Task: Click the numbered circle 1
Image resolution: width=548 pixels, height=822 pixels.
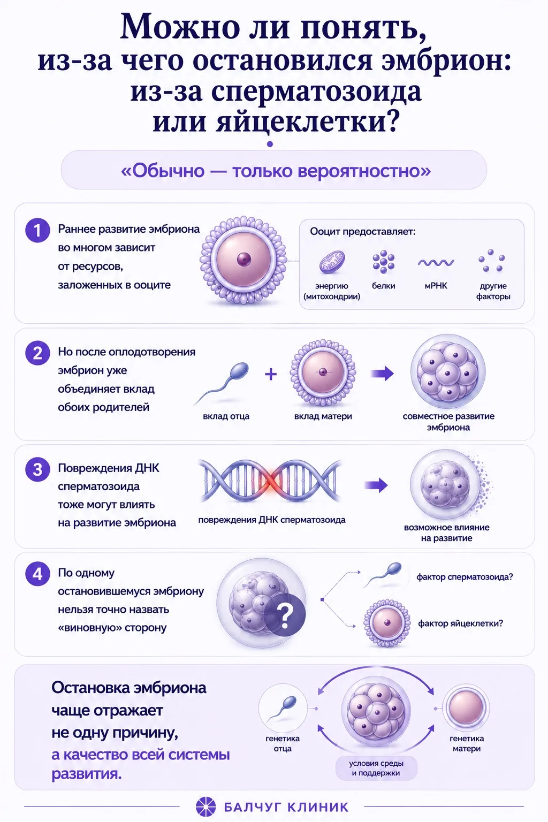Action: pyautogui.click(x=37, y=231)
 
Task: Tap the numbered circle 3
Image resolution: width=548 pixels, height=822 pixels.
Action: pyautogui.click(x=37, y=469)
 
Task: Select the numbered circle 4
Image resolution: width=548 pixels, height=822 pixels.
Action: pyautogui.click(x=37, y=574)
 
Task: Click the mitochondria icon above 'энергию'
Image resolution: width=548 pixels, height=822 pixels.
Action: pyautogui.click(x=332, y=262)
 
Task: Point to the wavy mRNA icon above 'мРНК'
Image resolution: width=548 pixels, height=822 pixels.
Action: pyautogui.click(x=436, y=262)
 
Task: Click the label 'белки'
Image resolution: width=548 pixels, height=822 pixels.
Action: pyautogui.click(x=383, y=286)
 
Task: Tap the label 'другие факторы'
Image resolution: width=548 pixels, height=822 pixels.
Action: pyautogui.click(x=493, y=291)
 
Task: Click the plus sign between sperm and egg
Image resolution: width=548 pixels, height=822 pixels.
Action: pyautogui.click(x=270, y=374)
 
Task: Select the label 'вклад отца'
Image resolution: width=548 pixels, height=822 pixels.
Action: pyautogui.click(x=226, y=416)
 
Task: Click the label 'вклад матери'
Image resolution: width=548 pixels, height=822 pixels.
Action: pyautogui.click(x=323, y=416)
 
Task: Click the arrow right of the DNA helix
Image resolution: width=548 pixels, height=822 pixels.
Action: pyautogui.click(x=376, y=485)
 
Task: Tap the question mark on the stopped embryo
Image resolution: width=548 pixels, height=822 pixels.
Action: pyautogui.click(x=285, y=616)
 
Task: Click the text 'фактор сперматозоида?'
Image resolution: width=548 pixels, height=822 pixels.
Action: pyautogui.click(x=465, y=577)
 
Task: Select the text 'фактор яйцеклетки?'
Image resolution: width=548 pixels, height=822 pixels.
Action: pyautogui.click(x=461, y=623)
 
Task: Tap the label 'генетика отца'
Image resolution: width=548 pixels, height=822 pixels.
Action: pyautogui.click(x=283, y=743)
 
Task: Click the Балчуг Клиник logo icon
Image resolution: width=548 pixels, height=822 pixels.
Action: pyautogui.click(x=206, y=806)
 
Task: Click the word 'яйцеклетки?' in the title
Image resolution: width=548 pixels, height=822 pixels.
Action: pyautogui.click(x=307, y=122)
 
